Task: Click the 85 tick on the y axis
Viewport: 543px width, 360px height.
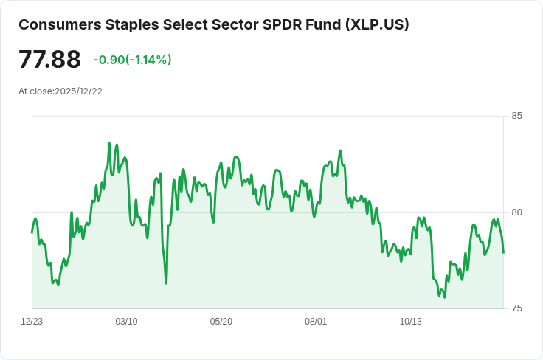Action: point(516,116)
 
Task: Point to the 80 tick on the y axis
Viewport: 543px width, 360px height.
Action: point(516,212)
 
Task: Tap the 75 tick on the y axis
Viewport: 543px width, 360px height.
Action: point(516,308)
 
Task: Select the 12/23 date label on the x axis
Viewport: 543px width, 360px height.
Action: point(32,322)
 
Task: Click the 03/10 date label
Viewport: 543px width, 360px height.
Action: point(126,322)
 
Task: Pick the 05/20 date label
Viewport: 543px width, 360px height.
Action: point(221,322)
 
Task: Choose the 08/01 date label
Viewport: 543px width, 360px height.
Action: point(316,322)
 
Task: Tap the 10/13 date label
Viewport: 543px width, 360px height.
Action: point(410,322)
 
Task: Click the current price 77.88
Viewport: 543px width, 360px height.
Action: point(49,59)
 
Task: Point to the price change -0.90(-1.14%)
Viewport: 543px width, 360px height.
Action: point(132,60)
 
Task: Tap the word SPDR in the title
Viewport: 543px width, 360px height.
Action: point(281,24)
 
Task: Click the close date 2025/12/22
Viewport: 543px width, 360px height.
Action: point(78,91)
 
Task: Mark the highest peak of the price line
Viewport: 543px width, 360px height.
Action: point(109,144)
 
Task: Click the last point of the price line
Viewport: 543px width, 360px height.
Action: point(503,252)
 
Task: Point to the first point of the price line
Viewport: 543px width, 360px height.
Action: point(32,232)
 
